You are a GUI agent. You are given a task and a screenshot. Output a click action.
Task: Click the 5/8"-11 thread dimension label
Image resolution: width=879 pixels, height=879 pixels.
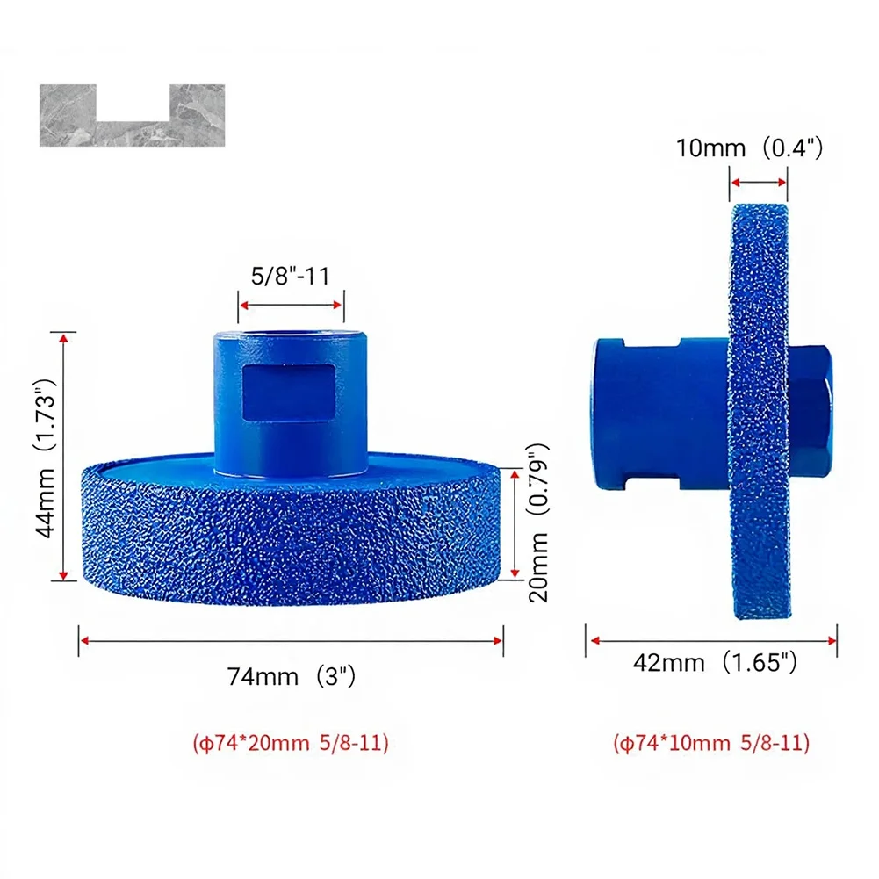coord(291,276)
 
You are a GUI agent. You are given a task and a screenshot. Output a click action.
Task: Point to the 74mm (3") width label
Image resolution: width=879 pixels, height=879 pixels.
coord(291,677)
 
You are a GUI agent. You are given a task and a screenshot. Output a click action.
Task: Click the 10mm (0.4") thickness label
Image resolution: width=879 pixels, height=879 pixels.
coord(749,148)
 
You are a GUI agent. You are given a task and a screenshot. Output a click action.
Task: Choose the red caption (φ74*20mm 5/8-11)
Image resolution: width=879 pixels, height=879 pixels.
coord(291,743)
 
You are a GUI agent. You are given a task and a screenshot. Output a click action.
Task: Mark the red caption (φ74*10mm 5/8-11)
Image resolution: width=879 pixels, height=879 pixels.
coord(711,743)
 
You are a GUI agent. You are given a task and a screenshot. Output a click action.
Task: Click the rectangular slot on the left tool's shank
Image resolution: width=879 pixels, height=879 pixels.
coord(288,391)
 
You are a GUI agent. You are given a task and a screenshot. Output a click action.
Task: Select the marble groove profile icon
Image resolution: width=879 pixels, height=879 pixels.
coord(132,115)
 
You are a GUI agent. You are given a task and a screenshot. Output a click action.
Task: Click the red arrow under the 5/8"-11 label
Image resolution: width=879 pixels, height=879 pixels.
coord(291,305)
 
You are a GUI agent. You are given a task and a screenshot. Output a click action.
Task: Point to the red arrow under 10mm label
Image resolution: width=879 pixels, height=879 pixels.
coord(758,183)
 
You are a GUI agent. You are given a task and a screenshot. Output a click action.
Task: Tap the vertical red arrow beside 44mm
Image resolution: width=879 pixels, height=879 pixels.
coord(62,456)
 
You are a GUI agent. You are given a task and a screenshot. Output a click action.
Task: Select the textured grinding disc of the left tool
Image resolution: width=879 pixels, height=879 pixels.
coord(291,536)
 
